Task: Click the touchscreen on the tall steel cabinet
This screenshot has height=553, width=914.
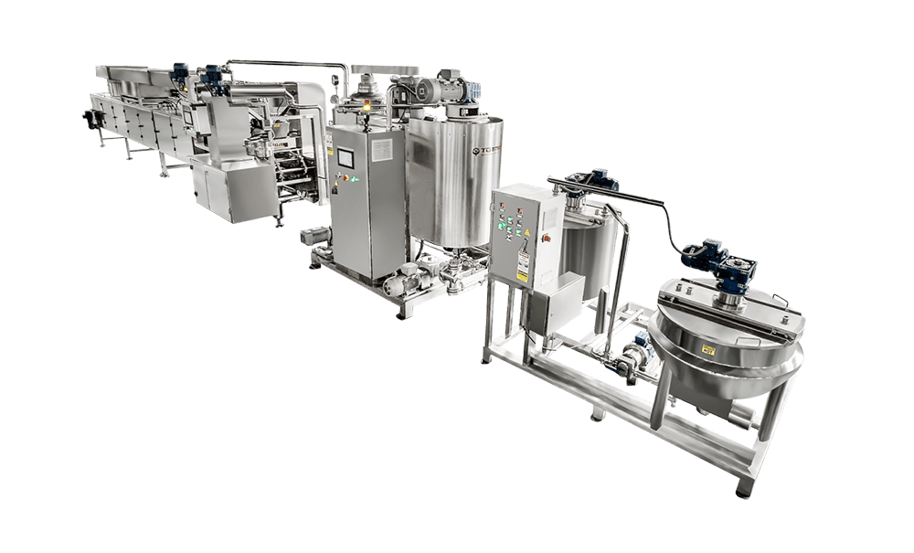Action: click(346, 158)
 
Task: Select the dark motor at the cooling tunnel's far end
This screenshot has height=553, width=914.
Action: click(90, 117)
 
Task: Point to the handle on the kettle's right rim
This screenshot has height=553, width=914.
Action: click(781, 301)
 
